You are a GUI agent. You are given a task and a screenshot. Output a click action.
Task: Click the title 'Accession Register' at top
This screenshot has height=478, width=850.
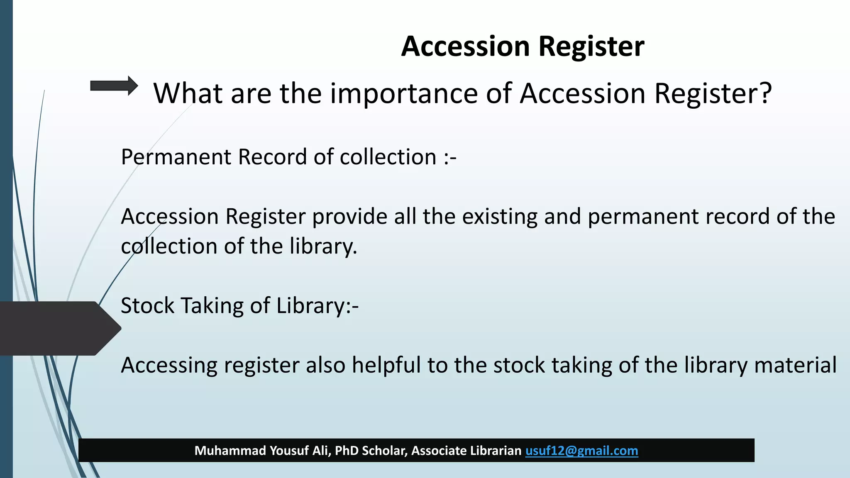tap(523, 46)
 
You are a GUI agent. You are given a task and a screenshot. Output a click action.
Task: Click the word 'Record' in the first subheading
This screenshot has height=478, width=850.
tap(272, 157)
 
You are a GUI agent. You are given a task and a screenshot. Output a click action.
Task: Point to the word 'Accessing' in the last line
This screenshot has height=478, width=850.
tap(169, 366)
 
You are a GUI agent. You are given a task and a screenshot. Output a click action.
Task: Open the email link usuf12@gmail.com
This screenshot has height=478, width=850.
tap(581, 451)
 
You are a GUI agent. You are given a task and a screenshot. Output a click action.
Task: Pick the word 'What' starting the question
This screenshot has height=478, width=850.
tap(188, 93)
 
